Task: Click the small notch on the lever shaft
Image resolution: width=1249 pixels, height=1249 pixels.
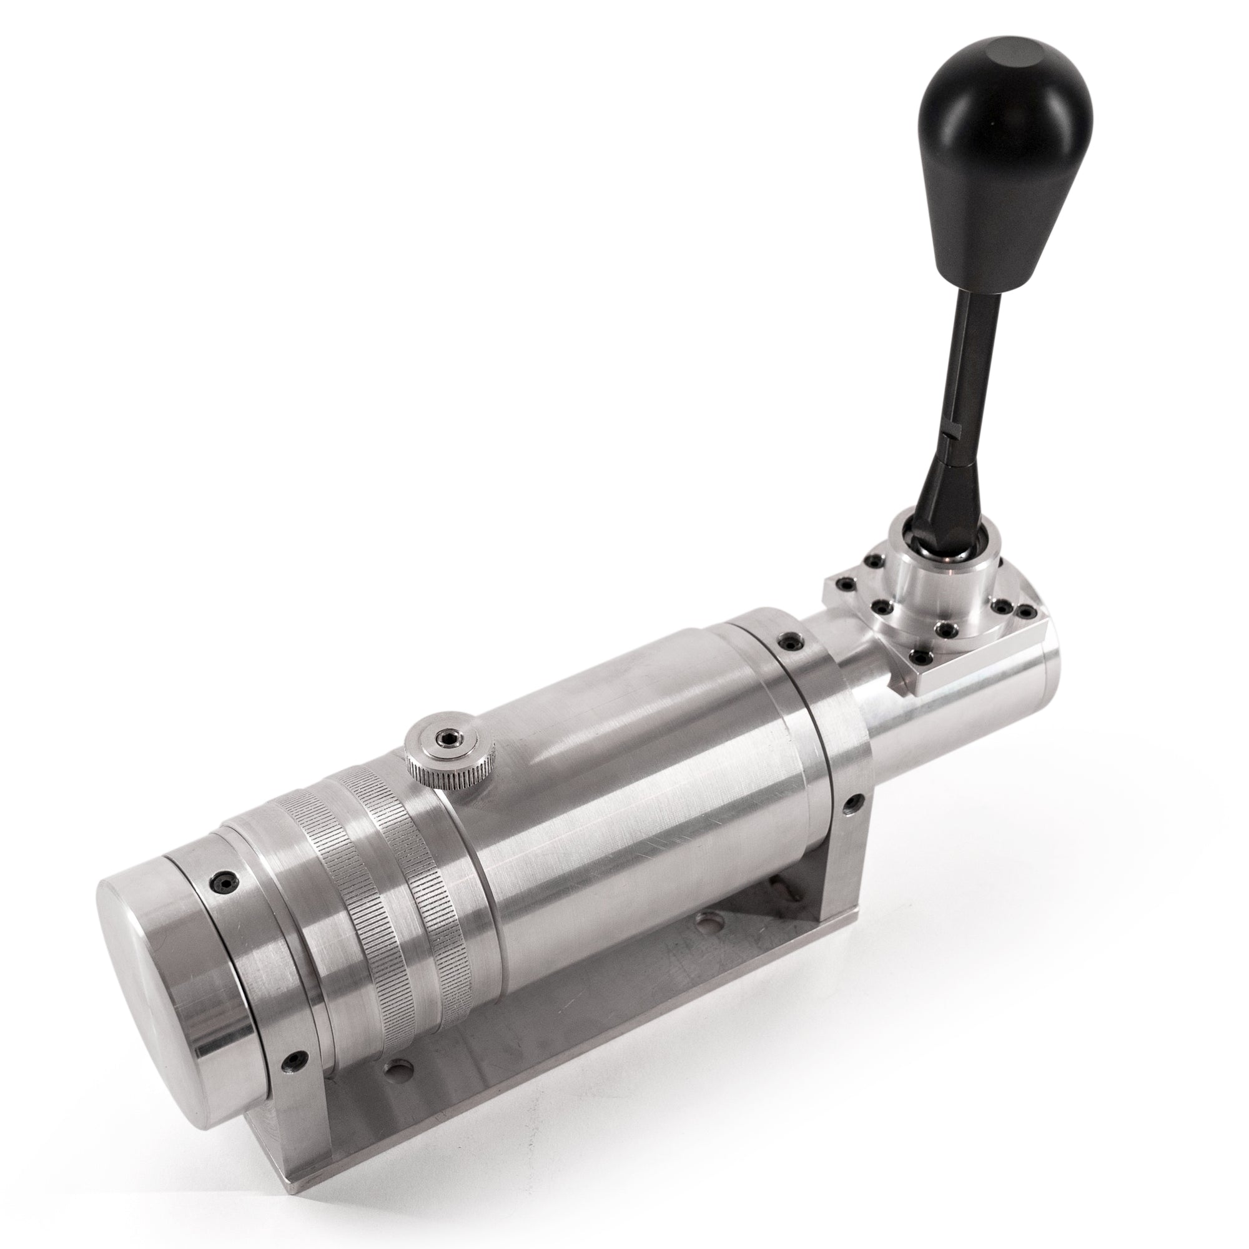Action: coord(949,437)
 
